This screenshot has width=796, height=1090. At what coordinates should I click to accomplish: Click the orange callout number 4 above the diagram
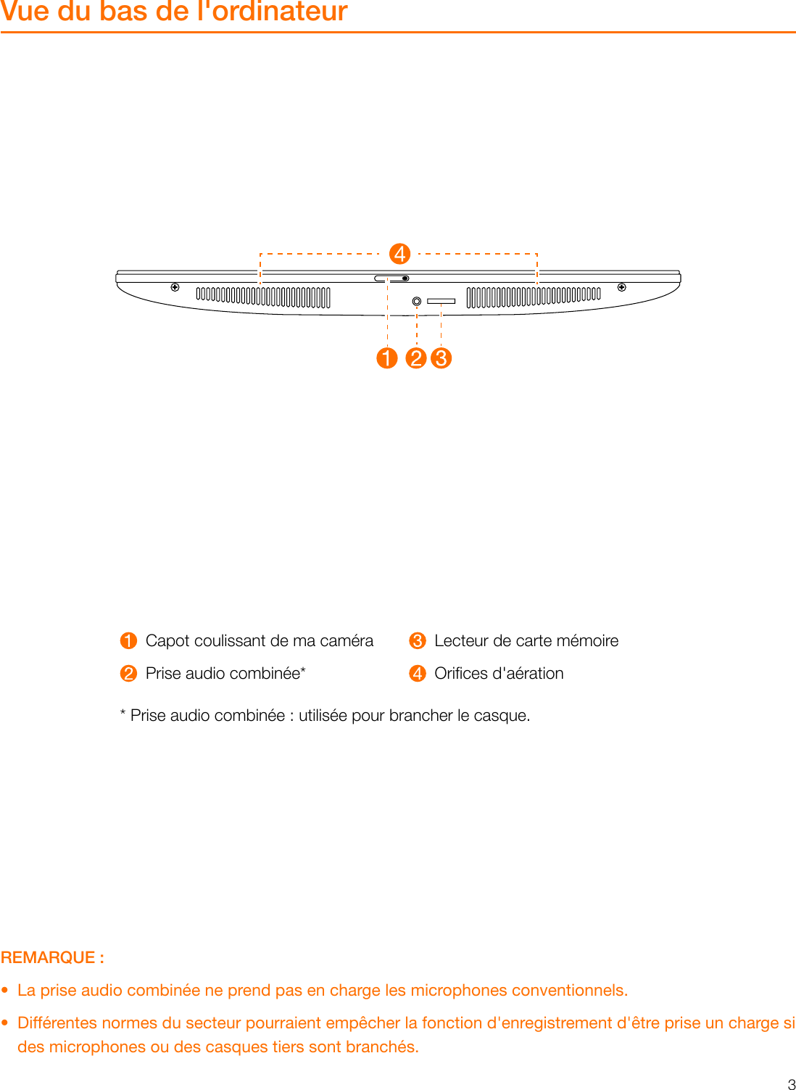tap(399, 254)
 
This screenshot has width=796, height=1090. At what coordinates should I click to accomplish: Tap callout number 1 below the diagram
tap(387, 358)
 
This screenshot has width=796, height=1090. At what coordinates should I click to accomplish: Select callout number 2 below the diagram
tap(416, 358)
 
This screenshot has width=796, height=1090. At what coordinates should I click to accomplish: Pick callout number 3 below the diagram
tap(441, 358)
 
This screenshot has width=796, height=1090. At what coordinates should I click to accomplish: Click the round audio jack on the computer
tap(417, 301)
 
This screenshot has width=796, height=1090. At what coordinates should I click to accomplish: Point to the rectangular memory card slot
tap(441, 301)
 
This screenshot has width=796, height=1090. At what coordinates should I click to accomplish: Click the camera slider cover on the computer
tap(391, 278)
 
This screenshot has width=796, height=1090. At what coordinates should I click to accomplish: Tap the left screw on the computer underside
tap(175, 287)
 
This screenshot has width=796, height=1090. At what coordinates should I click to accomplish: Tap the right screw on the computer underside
tap(621, 287)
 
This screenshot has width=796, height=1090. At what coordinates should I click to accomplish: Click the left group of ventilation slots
tap(263, 297)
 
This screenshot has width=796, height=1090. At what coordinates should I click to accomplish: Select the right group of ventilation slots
tap(534, 297)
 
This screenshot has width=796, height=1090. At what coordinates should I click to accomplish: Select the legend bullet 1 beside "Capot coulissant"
tap(128, 641)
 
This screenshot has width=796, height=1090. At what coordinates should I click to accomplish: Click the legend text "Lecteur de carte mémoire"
tap(526, 641)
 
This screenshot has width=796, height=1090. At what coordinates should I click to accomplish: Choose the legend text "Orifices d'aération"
tap(499, 674)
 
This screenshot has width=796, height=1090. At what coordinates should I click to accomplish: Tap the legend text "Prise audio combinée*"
tap(225, 674)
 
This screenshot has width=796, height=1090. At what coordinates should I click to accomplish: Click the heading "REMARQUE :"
tap(52, 957)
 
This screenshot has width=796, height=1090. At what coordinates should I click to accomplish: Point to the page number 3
tap(791, 1084)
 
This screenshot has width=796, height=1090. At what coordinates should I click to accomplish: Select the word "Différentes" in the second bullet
tap(57, 1023)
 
